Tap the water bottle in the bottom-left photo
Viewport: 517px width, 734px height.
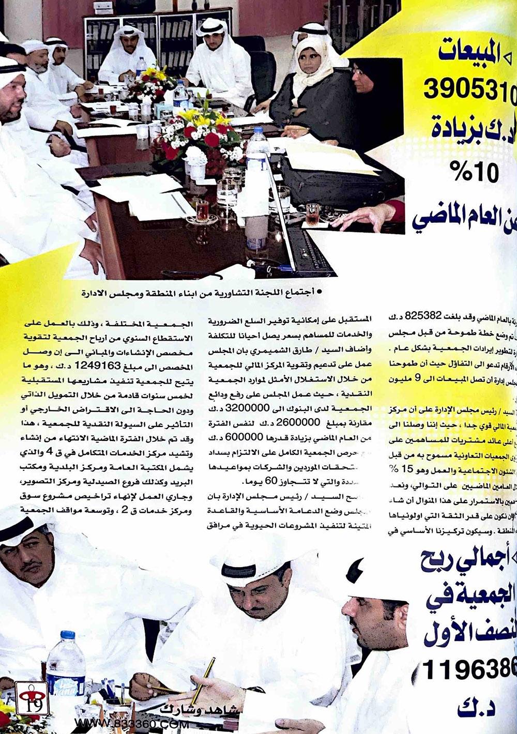[66, 672]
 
